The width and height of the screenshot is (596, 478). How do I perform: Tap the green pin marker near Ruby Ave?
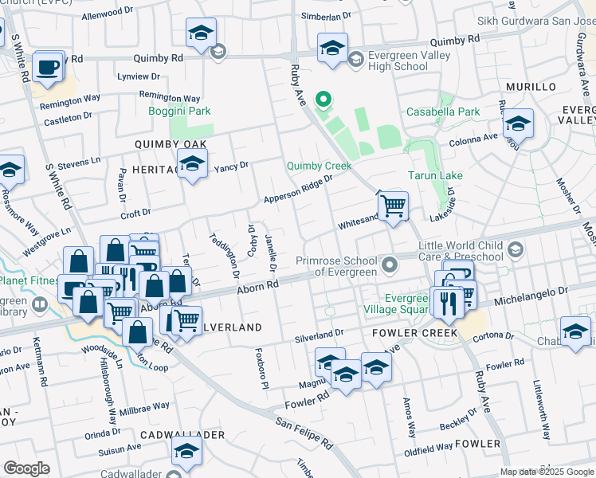(323, 100)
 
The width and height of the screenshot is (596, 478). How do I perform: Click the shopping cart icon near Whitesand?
(393, 206)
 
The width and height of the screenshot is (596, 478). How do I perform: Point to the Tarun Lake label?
(436, 175)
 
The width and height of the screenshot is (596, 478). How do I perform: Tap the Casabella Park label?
(444, 112)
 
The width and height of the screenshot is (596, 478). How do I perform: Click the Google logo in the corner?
(26, 468)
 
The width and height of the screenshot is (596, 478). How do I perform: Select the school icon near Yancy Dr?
(192, 163)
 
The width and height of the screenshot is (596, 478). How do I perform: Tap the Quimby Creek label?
(319, 166)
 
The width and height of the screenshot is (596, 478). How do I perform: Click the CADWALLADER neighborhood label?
(182, 434)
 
